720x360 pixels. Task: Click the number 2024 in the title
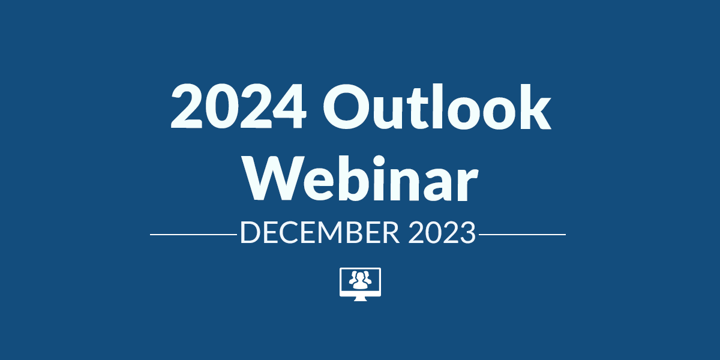click(239, 107)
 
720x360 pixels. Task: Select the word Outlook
click(437, 106)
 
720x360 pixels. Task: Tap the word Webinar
click(361, 178)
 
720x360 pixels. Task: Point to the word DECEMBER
click(320, 232)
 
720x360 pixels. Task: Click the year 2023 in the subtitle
click(442, 232)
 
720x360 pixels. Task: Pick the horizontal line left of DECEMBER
click(193, 235)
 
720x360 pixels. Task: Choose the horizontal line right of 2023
click(523, 235)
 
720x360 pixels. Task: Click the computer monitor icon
click(361, 284)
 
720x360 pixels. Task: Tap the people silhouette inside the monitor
click(361, 281)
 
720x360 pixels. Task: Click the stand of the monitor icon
click(361, 299)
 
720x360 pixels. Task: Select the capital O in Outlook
click(347, 107)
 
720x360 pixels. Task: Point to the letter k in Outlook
click(533, 106)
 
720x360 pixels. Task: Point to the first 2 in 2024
click(187, 107)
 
